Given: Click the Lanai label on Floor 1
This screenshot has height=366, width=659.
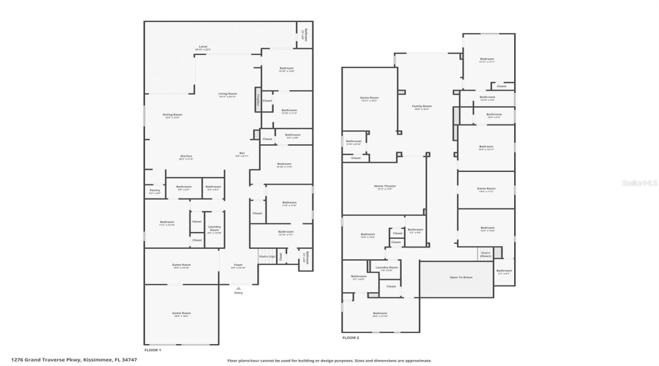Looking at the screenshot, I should click(x=203, y=48).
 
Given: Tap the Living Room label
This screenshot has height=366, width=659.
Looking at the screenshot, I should click(x=228, y=94).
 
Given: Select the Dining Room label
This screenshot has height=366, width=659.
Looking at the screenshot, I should click(x=173, y=116).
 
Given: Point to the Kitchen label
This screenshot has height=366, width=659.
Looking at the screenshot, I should click(x=186, y=157).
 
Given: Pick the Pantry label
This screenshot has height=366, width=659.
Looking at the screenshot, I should click(x=154, y=191).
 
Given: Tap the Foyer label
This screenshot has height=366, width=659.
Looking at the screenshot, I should click(x=238, y=266).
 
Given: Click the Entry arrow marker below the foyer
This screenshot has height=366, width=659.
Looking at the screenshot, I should click(x=238, y=291).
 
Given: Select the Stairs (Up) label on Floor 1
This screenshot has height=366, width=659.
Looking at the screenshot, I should click(x=267, y=256).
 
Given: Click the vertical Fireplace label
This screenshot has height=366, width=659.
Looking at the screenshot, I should click(x=258, y=99).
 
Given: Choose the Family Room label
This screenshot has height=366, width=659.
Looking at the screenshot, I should click(x=422, y=107).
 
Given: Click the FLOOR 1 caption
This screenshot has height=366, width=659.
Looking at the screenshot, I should click(x=152, y=351).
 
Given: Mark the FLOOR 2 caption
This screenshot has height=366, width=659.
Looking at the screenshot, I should click(x=351, y=337).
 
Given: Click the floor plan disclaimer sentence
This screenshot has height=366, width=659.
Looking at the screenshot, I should click(x=329, y=360).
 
